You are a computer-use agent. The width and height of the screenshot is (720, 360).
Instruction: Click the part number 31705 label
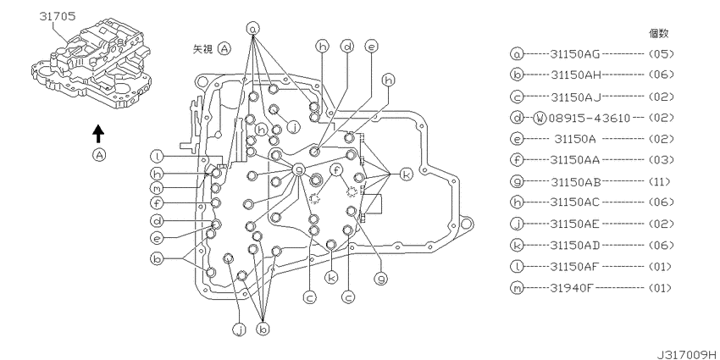[57, 14]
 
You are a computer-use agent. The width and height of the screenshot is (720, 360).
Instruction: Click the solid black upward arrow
[98, 132]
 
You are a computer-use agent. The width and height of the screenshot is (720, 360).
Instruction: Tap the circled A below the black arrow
[99, 156]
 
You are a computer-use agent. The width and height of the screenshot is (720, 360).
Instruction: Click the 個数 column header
[657, 33]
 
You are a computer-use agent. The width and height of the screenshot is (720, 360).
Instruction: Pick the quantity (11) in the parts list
[660, 181]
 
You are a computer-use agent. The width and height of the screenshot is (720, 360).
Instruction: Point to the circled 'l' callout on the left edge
[158, 156]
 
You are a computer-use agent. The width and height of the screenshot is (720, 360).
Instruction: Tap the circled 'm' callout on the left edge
[158, 187]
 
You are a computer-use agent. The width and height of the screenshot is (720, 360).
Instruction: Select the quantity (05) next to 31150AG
[660, 53]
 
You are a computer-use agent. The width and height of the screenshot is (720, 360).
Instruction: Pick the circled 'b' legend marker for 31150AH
[516, 74]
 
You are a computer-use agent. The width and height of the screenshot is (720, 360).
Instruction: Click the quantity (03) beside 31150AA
[660, 160]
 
